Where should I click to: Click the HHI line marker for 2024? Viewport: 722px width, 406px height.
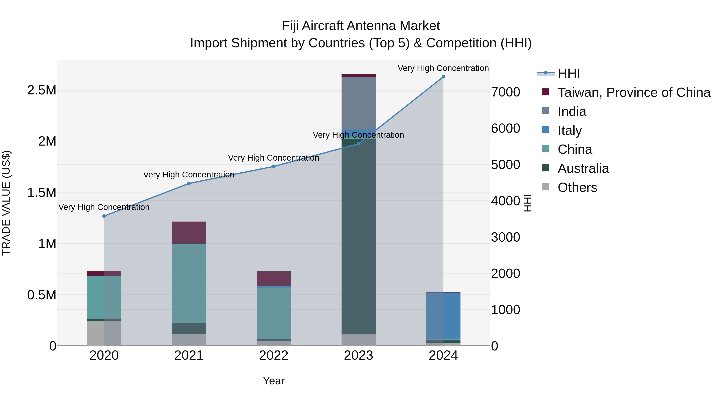(443, 77)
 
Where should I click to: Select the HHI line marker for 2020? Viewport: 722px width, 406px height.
(104, 216)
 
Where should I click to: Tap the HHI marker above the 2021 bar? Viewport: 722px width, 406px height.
(189, 183)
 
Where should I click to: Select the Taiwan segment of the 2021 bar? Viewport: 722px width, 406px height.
(189, 233)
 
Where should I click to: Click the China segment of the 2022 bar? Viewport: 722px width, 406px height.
(274, 313)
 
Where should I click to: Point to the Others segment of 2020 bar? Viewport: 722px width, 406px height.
(104, 333)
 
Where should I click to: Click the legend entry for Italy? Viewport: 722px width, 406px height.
(570, 131)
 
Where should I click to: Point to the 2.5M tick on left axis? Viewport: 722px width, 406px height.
(42, 90)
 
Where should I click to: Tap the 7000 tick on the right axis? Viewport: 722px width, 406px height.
(506, 92)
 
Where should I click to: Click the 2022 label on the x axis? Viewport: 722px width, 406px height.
(274, 355)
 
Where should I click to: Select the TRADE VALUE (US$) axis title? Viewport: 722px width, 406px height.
(6, 203)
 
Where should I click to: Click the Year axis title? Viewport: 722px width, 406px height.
(274, 381)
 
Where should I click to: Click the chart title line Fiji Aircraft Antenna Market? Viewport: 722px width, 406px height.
(361, 26)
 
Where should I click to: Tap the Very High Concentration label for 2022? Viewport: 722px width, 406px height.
(274, 158)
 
